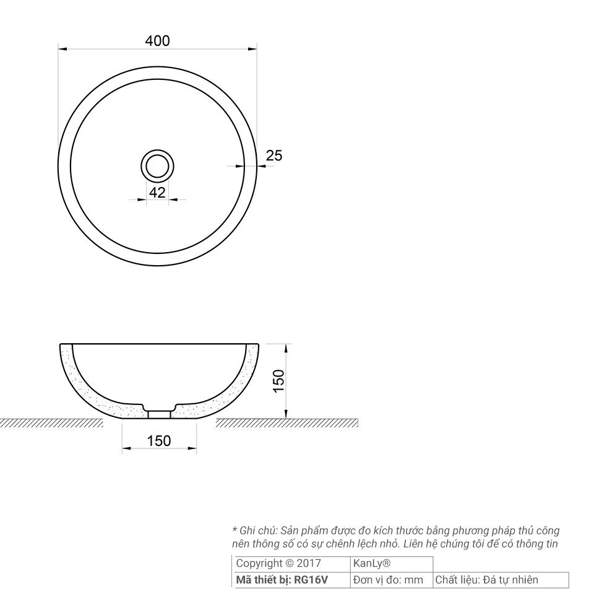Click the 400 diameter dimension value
tap(157, 41)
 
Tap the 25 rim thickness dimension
tap(274, 155)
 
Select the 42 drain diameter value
tap(157, 193)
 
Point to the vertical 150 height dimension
tap(278, 382)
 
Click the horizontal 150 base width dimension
tap(159, 441)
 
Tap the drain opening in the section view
tap(160, 414)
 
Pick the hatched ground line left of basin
tap(51, 423)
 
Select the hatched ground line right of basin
tap(286, 423)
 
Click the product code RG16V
tap(311, 580)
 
